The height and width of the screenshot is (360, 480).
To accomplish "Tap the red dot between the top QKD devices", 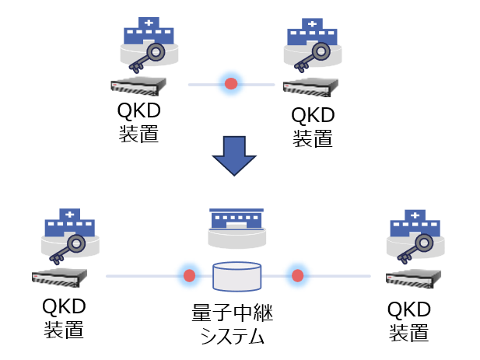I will (x=231, y=83).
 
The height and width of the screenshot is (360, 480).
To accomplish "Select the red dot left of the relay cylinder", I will (x=188, y=275).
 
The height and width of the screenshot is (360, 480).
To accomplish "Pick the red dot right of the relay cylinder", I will (x=296, y=275).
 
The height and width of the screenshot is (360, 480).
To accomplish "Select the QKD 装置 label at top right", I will (x=313, y=127).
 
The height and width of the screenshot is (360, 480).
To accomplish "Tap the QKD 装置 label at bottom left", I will (x=63, y=318).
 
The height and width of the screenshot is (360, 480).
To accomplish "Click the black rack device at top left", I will (x=140, y=86).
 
